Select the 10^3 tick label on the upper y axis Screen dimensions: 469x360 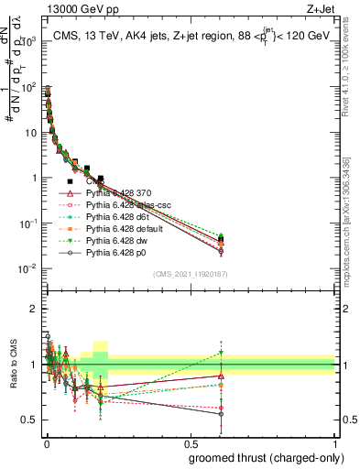(x=29, y=42)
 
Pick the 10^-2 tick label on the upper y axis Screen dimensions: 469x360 (x=29, y=268)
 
